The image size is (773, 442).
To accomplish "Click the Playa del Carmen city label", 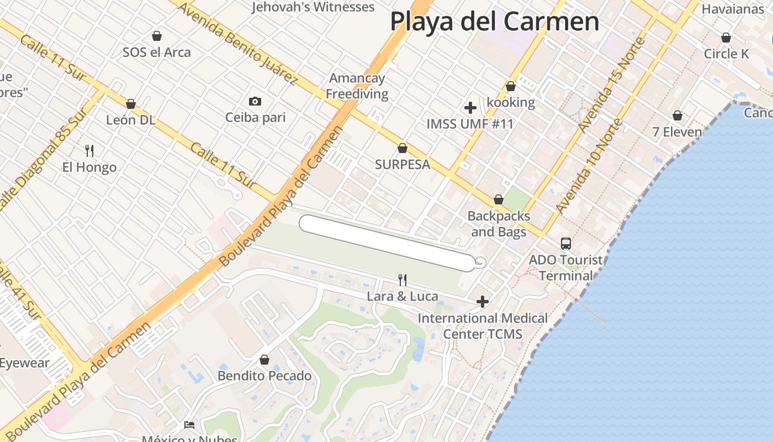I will tap(494, 22).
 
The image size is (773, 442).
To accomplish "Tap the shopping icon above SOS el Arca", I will tap(157, 36).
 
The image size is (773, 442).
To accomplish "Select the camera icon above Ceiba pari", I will tap(255, 101).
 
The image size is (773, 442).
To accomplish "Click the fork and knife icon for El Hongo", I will tap(89, 150).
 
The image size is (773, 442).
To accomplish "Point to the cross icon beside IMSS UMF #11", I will tap(470, 108).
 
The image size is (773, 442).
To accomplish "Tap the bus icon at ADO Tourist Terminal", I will tap(566, 243).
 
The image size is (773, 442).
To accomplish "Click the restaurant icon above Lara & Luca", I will tap(403, 280).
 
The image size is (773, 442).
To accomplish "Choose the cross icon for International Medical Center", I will tap(483, 302).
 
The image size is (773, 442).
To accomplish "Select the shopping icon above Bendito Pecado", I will tap(264, 360).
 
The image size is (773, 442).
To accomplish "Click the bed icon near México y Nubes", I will tap(189, 425).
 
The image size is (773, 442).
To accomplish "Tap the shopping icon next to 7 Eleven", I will tap(677, 115).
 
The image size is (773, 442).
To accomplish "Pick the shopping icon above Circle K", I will tap(726, 38).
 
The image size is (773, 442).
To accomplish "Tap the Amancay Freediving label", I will tap(357, 86).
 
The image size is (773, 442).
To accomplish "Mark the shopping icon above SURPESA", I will tap(403, 148).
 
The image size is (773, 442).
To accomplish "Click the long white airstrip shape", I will tap(386, 243).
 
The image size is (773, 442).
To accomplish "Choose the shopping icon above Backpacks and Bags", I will tap(499, 199).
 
